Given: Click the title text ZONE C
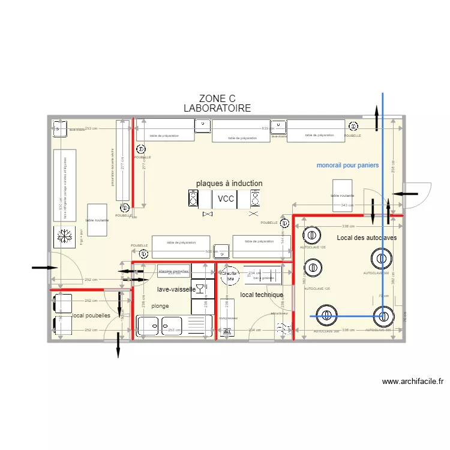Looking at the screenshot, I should click(217, 99).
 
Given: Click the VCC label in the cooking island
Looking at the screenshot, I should click(226, 199).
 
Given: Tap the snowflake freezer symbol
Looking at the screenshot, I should click(62, 236).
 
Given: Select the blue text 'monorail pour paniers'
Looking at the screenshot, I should click(347, 166).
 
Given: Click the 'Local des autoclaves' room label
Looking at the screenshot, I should click(366, 238).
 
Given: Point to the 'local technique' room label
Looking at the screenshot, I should click(261, 295).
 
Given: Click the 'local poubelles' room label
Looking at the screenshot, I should click(91, 315).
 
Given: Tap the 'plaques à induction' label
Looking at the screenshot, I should click(229, 184).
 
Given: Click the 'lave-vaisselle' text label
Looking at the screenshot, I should click(176, 289).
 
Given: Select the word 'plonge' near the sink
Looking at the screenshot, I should click(160, 306).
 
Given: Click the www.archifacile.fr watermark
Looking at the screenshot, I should click(412, 381).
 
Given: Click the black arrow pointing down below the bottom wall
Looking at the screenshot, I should click(118, 346).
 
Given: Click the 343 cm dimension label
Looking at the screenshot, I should click(347, 206).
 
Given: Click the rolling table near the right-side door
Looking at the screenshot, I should click(342, 194).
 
